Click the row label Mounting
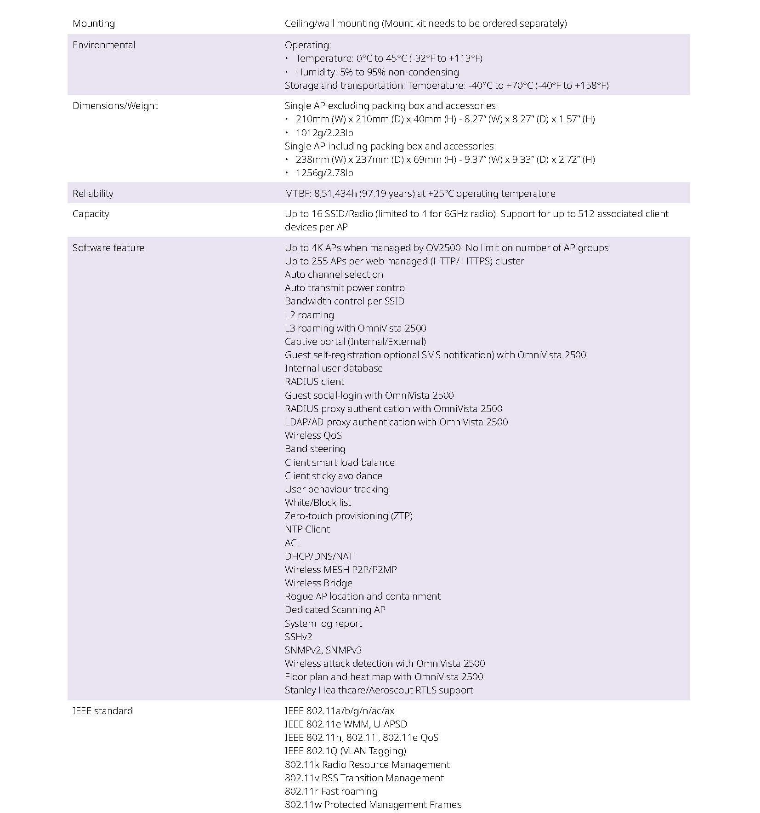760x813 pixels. pos(94,23)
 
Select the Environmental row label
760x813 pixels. pos(104,45)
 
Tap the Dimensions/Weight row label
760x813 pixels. pos(115,106)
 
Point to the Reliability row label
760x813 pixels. pos(93,194)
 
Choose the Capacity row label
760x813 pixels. pos(91,214)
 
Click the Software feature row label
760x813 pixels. pos(108,248)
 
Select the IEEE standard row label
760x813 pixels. pos(102,711)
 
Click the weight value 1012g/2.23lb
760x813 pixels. pos(324,133)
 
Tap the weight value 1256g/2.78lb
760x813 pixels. pos(324,173)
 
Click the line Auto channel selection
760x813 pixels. pos(334,275)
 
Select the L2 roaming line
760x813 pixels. pos(309,315)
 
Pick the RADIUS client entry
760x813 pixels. pos(314,382)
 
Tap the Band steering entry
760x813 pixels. pos(315,449)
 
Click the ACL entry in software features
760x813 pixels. pos(293,543)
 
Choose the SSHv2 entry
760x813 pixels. pos(298,637)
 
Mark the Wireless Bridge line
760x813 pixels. pos(318,583)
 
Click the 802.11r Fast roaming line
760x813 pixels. pos(331,791)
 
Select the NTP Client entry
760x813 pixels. pos(307,529)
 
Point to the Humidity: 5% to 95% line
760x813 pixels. pos(377,72)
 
